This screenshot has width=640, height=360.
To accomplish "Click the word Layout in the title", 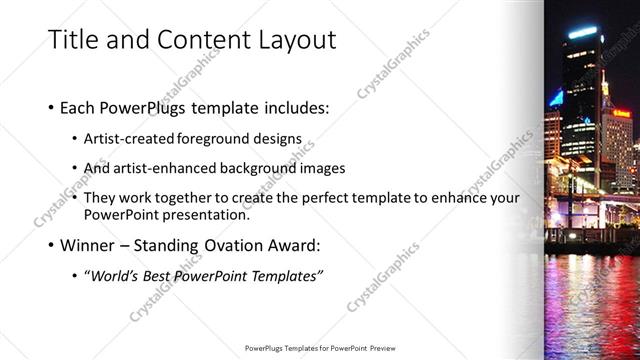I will tap(291, 40).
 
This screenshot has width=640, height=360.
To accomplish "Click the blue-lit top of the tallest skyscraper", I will tap(582, 33).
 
